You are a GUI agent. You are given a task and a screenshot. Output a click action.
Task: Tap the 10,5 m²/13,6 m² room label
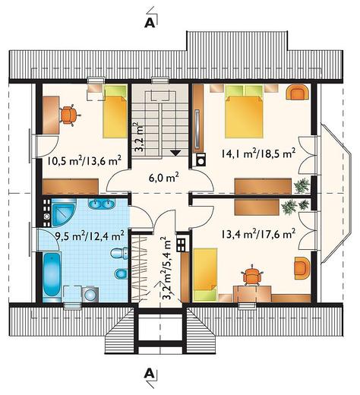click(x=84, y=161)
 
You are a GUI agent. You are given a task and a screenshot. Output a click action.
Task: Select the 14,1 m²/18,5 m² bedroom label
click(x=258, y=153)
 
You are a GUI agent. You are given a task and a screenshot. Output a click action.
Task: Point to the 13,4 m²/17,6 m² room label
click(x=258, y=233)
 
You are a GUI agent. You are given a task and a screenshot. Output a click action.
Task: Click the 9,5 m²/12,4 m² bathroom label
click(x=90, y=235)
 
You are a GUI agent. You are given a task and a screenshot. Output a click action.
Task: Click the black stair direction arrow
click(x=175, y=153)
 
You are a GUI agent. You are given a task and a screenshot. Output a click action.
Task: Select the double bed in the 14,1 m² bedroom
click(x=244, y=112)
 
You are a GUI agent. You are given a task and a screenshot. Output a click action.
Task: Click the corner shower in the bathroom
click(x=64, y=212)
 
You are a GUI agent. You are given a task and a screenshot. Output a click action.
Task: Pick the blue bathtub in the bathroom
click(x=52, y=274)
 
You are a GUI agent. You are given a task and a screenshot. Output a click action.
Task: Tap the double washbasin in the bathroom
click(x=102, y=204)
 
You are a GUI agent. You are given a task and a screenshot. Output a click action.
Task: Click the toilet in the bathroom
click(x=119, y=253)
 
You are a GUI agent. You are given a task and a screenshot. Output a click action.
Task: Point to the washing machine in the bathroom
click(x=90, y=294)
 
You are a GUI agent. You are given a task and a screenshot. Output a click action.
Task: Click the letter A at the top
click(x=149, y=24)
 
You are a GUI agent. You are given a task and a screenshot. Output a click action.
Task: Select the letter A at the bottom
click(x=149, y=373)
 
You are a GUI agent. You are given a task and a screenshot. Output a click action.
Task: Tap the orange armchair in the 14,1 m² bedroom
click(x=298, y=92)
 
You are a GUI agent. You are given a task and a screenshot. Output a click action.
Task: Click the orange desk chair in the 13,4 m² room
click(x=251, y=275)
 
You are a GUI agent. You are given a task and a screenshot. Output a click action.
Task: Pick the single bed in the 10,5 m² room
click(x=115, y=112)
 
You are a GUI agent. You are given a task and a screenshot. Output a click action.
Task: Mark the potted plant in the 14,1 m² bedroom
click(x=302, y=186)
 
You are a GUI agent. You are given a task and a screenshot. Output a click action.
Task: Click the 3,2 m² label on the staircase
click(x=139, y=137)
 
